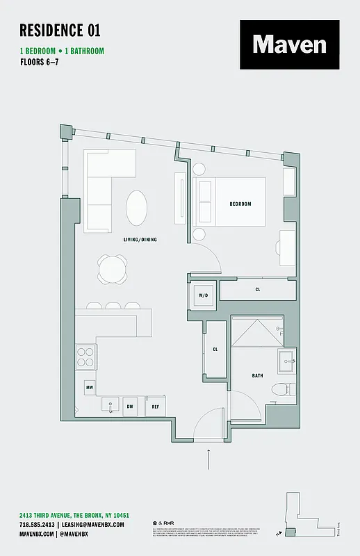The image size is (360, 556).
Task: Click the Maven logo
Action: point(289,45)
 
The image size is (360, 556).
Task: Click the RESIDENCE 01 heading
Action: point(60,30)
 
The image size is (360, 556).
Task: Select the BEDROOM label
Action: point(240,204)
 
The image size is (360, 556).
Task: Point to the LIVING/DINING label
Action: point(140,240)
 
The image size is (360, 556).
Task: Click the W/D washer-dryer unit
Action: point(204,296)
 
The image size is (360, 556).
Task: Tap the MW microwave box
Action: point(90,386)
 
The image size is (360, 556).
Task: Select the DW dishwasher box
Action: point(130,407)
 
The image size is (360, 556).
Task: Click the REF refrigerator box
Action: point(156,407)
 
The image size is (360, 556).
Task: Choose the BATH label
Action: point(257,376)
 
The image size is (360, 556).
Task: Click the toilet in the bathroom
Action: point(279,389)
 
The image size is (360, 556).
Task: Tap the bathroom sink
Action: point(286,361)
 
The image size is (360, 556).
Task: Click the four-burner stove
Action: point(85,357)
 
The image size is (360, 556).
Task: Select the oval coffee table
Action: point(137,206)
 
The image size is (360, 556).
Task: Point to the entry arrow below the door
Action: point(208,458)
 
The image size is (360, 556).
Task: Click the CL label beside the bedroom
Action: point(258,289)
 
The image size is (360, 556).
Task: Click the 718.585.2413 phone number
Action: point(38,524)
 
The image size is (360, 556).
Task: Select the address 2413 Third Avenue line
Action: point(74,515)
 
